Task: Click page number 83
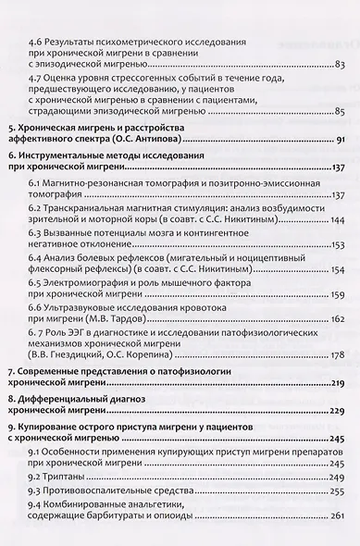coord(340,64)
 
